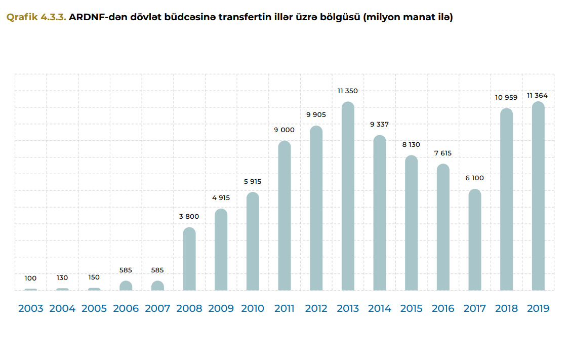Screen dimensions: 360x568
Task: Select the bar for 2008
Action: coord(189,259)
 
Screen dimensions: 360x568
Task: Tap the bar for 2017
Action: coord(475,240)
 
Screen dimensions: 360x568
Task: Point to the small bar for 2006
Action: coord(126,286)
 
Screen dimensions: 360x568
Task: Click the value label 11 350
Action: coord(348,91)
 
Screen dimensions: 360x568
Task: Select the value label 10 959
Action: coord(506,97)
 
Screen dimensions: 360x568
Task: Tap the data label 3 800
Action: coord(189,216)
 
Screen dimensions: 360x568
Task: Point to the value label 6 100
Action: coord(474,178)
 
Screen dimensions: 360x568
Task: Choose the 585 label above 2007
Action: coord(157,270)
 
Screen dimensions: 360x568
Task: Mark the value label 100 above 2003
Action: coord(30,278)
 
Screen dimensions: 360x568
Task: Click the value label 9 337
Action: coord(379,124)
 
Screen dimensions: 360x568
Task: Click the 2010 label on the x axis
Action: coord(253,308)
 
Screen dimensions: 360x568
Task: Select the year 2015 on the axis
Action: coord(411,308)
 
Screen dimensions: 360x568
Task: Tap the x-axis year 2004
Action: coord(62,308)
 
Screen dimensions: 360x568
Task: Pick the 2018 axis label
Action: coord(506,308)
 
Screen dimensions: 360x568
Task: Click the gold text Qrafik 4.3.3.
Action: coord(36,17)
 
